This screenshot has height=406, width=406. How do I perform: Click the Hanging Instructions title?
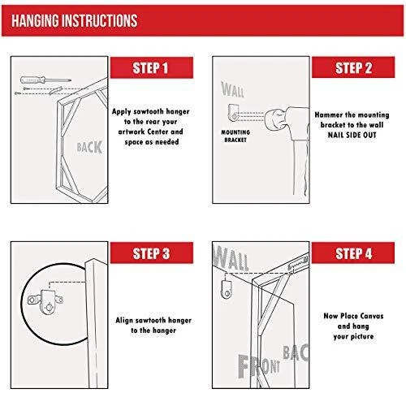75,20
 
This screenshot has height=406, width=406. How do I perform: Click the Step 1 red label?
152,67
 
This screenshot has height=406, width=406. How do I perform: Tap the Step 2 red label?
353,67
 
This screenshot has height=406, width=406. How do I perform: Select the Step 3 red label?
152,253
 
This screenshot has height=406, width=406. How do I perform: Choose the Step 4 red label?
353,253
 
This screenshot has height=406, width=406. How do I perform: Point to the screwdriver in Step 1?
45,80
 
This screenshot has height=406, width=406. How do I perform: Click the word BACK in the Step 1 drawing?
89,147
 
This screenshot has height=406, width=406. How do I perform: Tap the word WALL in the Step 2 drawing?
232,89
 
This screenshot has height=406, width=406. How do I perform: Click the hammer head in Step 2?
276,120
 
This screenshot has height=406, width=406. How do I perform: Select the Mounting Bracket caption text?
235,136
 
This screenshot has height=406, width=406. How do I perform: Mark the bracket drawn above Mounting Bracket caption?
233,113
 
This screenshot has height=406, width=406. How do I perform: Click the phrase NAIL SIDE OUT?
352,135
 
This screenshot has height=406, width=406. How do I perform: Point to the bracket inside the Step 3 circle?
45,301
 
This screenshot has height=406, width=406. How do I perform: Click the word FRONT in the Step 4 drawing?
259,366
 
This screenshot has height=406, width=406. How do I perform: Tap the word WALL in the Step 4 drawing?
231,257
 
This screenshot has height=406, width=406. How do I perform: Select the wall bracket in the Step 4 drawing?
227,289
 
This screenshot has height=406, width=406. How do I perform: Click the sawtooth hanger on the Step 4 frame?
298,262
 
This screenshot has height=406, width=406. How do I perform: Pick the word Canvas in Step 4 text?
371,316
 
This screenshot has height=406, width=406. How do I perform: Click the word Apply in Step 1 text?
122,111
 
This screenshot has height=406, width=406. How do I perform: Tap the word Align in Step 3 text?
124,321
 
